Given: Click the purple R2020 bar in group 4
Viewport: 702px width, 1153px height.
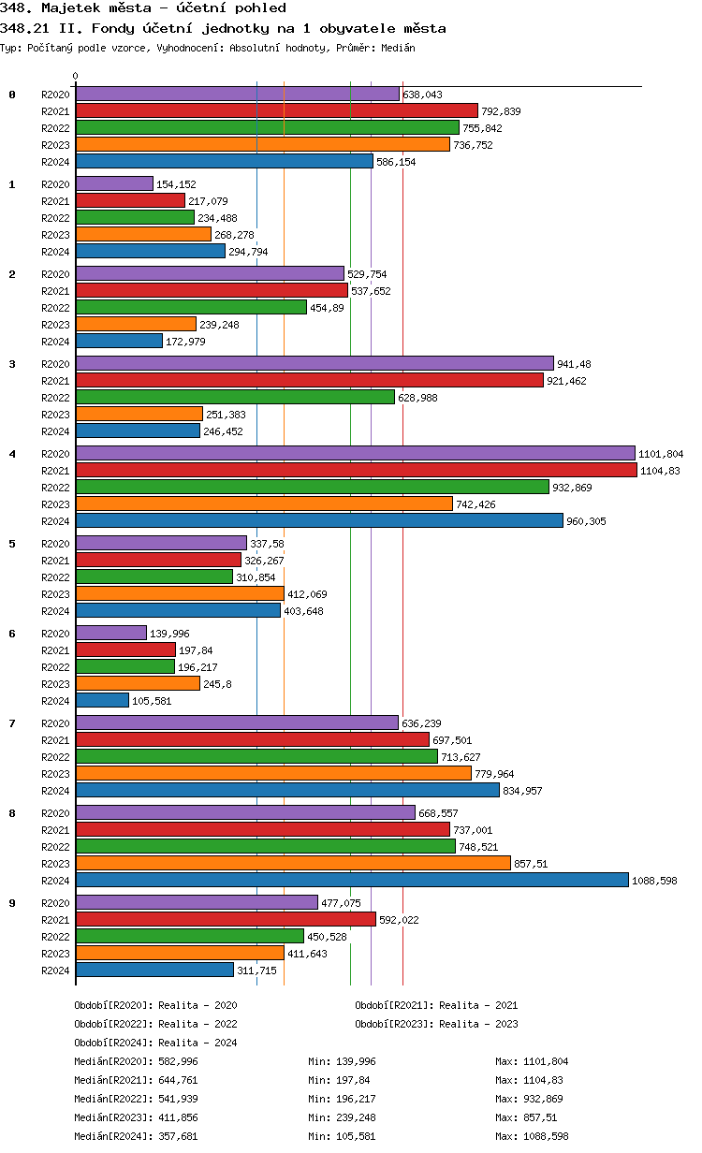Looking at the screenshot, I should pos(355,454).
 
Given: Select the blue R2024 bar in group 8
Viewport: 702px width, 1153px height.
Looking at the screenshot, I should pos(352,881).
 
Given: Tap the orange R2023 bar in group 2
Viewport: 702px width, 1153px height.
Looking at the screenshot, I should pos(136,325).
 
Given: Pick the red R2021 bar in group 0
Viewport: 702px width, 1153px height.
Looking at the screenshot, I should pos(276,111).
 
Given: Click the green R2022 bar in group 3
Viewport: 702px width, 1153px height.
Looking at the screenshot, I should pos(235,398).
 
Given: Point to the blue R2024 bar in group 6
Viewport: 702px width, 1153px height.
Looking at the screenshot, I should pos(102,701).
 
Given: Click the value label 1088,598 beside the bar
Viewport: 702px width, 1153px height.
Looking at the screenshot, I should pos(654,881).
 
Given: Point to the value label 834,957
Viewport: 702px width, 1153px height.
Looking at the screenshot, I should pos(522,791).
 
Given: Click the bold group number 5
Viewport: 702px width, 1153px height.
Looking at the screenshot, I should pos(12,544).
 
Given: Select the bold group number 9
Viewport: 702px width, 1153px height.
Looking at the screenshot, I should pos(12,903).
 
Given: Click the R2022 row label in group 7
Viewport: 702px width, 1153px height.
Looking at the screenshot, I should pos(55,757).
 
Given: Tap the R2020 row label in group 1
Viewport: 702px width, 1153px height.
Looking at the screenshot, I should pos(55,184).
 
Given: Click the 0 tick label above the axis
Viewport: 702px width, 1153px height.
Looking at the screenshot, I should pos(76,76).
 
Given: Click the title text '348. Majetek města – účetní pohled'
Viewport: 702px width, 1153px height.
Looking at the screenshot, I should pos(130,8).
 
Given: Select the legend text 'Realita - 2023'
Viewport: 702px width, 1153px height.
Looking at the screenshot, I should pos(478,1024).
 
